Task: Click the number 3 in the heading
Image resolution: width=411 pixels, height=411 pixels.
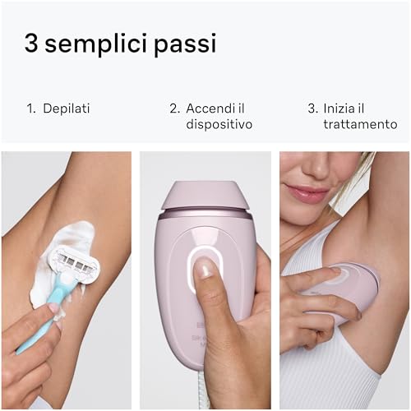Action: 34,44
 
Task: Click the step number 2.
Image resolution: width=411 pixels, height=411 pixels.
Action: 174,108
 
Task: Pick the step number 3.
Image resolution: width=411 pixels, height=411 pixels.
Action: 312,108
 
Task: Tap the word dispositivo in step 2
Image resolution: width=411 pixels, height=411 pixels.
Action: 219,125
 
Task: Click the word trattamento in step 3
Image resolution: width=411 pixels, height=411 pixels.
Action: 360,125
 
